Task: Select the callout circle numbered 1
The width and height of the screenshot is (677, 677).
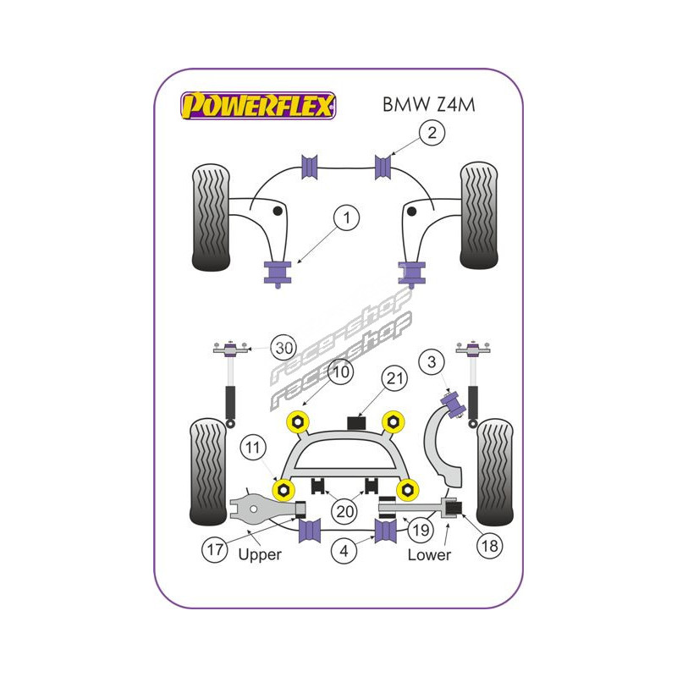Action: [x=345, y=219]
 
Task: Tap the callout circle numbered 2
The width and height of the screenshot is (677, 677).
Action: [x=432, y=132]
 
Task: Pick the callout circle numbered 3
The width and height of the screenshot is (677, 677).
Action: [x=432, y=363]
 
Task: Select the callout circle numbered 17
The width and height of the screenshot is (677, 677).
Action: [x=216, y=549]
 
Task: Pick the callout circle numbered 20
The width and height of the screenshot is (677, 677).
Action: [x=344, y=510]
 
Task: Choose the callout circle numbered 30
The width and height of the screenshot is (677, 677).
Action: [x=285, y=347]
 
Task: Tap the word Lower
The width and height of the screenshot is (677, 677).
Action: [x=429, y=555]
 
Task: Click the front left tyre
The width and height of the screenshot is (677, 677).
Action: [x=211, y=217]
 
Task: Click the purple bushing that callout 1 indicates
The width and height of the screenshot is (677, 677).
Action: [x=277, y=272]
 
